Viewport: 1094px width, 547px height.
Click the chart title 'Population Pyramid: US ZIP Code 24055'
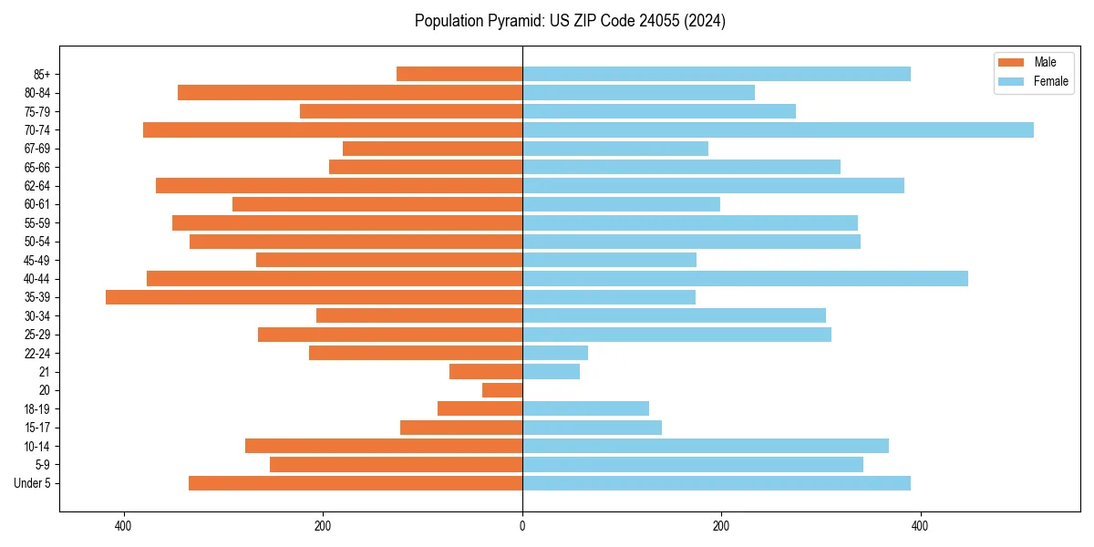[x=570, y=21]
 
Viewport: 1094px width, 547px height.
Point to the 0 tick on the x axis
[x=522, y=526]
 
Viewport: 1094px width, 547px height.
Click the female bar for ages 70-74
[x=778, y=130]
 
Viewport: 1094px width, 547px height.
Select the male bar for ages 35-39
[x=315, y=297]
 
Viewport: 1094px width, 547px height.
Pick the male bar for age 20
[x=502, y=390]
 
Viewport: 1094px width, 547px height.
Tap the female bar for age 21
[x=551, y=372]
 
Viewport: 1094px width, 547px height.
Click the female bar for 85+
[x=716, y=74]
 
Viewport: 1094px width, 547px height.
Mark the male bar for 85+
[x=459, y=74]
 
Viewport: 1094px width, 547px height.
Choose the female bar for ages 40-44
[x=745, y=279]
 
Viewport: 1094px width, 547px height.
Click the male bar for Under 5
[x=356, y=483]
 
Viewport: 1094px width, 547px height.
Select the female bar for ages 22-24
[x=555, y=353]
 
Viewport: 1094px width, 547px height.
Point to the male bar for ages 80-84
[x=350, y=93]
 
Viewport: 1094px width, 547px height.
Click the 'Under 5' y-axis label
[x=32, y=483]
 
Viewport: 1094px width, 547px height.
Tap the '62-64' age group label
[x=37, y=186]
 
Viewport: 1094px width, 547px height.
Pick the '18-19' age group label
[x=37, y=409]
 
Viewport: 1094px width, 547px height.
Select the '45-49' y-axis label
[x=37, y=260]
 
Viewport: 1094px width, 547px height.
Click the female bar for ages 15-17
[x=592, y=428]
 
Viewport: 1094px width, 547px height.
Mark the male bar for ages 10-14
[x=384, y=446]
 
